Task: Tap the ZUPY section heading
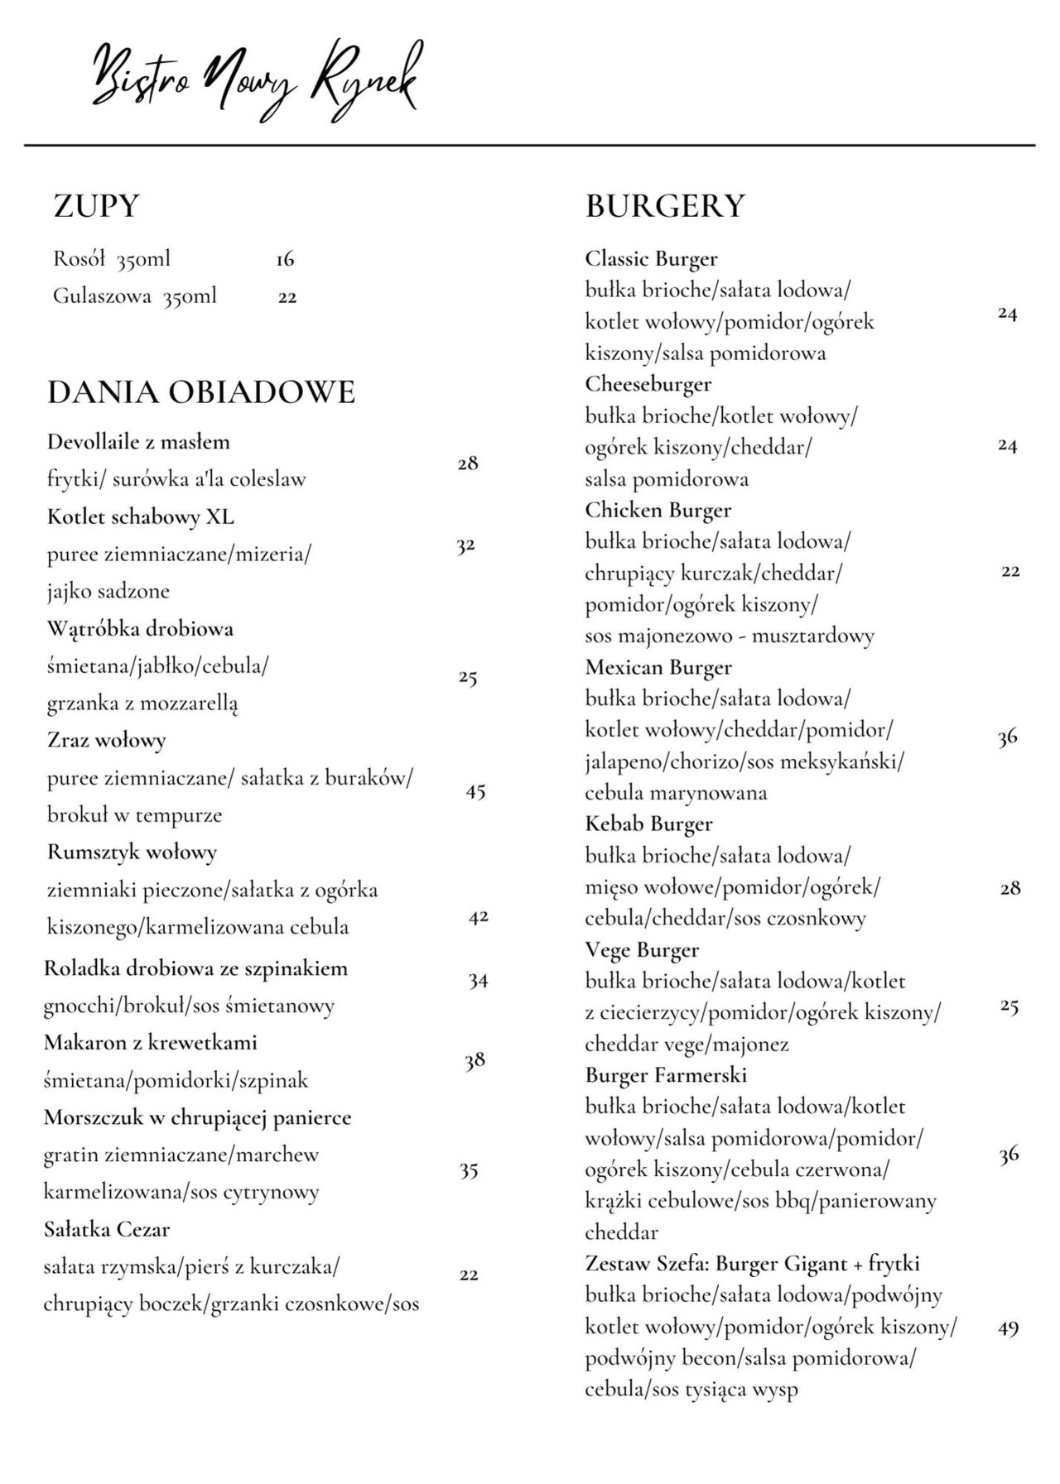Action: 96,206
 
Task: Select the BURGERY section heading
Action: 665,206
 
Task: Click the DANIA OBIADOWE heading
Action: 201,392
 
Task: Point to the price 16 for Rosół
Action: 285,260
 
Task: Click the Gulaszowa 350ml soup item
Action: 135,296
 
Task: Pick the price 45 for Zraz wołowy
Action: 475,792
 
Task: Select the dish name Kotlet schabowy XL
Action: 141,517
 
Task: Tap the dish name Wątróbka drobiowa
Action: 140,629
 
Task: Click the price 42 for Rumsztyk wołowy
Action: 478,917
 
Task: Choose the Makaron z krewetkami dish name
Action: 151,1043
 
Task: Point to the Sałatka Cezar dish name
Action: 107,1229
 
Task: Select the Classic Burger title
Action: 651,259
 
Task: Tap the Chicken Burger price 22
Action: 1010,572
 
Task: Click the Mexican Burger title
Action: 658,667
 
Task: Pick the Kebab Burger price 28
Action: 1010,889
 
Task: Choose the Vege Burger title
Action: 642,950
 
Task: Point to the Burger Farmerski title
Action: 666,1075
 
